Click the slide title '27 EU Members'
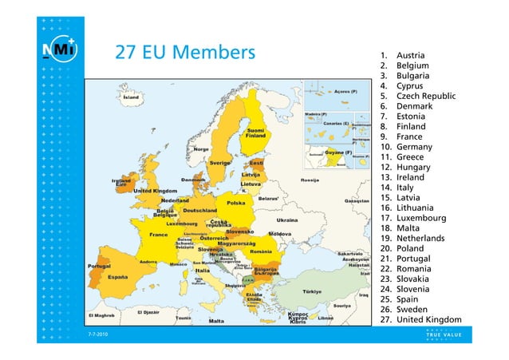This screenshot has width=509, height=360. click(x=183, y=53)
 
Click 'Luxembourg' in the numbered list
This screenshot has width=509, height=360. click(x=424, y=218)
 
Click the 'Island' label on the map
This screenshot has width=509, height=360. click(x=130, y=97)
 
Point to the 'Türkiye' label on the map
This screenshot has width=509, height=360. click(x=311, y=291)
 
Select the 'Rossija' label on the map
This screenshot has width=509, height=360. click(x=310, y=180)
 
